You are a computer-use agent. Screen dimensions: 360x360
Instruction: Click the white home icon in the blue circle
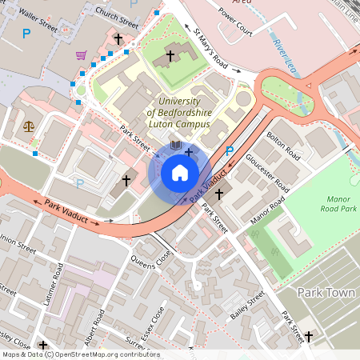pos(180,173)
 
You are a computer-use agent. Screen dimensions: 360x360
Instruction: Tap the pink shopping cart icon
pos(81,55)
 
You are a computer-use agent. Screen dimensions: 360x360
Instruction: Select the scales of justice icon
pos(30,125)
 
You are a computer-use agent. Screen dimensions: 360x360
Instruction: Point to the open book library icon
pos(176,146)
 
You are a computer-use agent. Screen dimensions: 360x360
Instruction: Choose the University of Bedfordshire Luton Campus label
pos(179,113)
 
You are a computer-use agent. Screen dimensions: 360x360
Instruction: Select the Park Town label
pos(326,293)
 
